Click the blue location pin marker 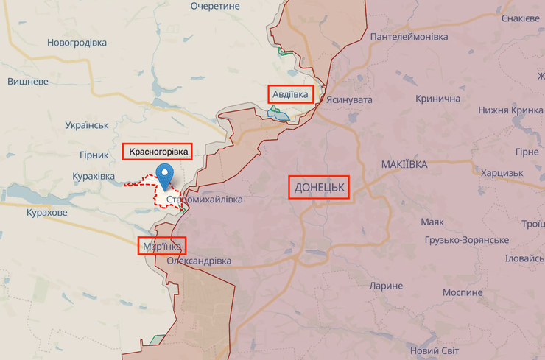pos(166,175)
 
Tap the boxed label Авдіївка pos(291,94)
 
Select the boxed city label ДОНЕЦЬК pos(319,188)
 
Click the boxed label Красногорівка pos(158,152)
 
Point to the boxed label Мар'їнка pos(162,246)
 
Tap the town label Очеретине pos(215,6)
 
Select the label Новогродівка pos(77,43)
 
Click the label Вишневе pos(28,82)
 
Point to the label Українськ pos(87,126)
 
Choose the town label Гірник pos(94,155)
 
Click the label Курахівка pos(94,177)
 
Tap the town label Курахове pos(46,213)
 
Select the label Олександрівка pos(199,261)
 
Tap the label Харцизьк pos(502,173)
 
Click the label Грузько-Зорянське pos(466,241)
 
